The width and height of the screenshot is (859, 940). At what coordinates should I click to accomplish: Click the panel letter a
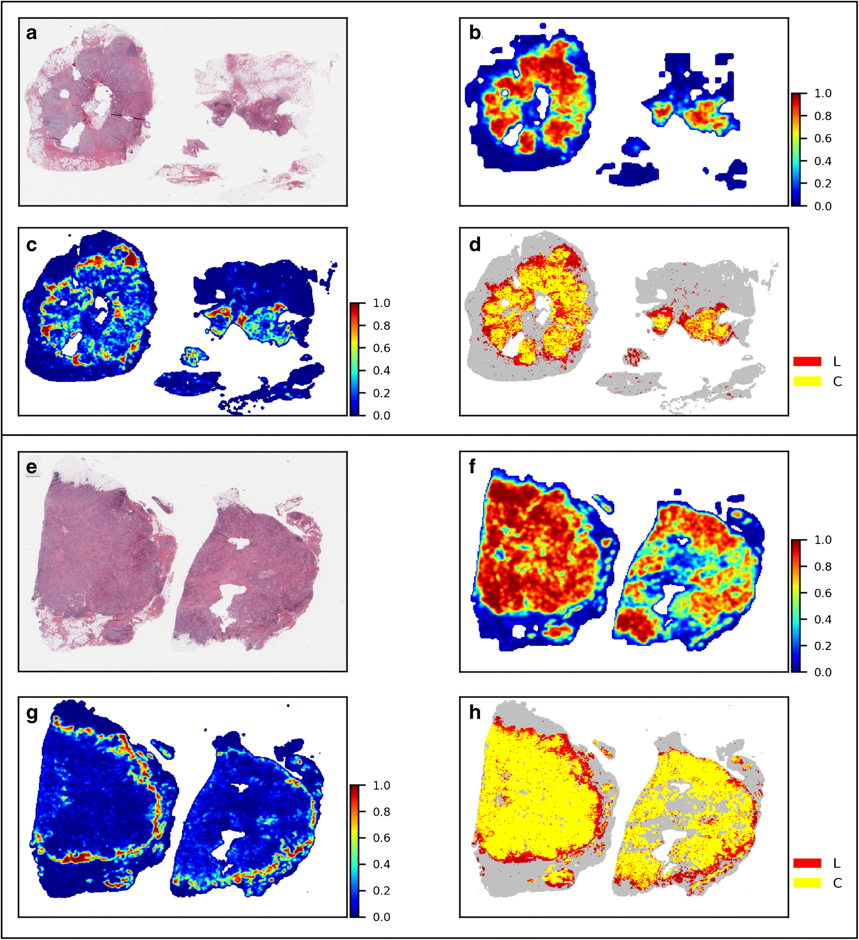coord(31,33)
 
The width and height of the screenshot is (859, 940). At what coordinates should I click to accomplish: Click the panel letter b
coord(475,33)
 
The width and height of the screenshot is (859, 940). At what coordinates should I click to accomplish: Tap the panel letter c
coord(31,245)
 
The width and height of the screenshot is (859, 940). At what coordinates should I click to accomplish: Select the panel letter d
coord(475,245)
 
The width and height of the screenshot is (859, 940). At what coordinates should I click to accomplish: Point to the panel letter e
coord(31,467)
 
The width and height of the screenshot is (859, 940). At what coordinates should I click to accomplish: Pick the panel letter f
coord(472,467)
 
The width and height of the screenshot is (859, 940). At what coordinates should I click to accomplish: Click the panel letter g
coord(32,713)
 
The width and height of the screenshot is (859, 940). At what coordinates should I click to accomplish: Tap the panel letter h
coord(475,713)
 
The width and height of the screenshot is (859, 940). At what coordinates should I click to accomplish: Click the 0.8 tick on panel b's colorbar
coord(822,116)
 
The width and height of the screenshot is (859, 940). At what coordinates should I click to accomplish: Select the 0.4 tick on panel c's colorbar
coord(381,371)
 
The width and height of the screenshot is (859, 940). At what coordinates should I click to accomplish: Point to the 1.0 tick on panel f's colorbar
coord(822,540)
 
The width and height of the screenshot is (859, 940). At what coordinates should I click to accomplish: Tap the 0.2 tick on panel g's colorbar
coord(381,891)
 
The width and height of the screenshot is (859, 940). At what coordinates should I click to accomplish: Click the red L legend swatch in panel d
coord(807,361)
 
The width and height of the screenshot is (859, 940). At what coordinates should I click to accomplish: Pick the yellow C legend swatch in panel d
coord(807,381)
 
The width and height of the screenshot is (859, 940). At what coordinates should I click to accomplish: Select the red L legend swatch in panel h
coord(807,863)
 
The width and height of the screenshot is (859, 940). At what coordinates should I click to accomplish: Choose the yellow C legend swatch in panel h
coord(807,883)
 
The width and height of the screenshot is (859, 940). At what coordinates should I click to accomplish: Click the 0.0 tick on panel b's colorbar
coord(822,206)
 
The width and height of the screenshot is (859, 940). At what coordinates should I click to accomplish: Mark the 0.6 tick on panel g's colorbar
coord(381,838)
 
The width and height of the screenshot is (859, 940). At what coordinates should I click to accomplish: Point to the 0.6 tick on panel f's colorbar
coord(822,593)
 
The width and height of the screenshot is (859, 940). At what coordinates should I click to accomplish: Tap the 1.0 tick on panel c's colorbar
coord(381,303)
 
